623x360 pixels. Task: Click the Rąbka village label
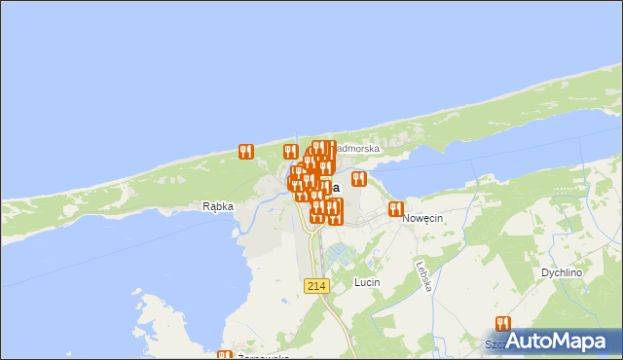click(x=219, y=206)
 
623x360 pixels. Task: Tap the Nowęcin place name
click(x=422, y=219)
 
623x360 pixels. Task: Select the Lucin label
click(x=367, y=282)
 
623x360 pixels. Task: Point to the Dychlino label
click(x=562, y=273)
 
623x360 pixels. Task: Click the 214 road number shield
click(x=315, y=285)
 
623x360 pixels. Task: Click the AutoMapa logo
click(x=556, y=341)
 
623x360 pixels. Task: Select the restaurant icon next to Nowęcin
click(x=395, y=209)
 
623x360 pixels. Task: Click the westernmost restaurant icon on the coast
click(x=245, y=152)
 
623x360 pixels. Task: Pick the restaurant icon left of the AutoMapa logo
click(x=502, y=324)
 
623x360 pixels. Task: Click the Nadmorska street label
click(x=356, y=149)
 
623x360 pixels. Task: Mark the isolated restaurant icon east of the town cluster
click(x=358, y=179)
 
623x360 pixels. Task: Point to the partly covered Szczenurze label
click(x=496, y=344)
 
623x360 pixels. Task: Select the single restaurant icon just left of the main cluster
click(x=289, y=152)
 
